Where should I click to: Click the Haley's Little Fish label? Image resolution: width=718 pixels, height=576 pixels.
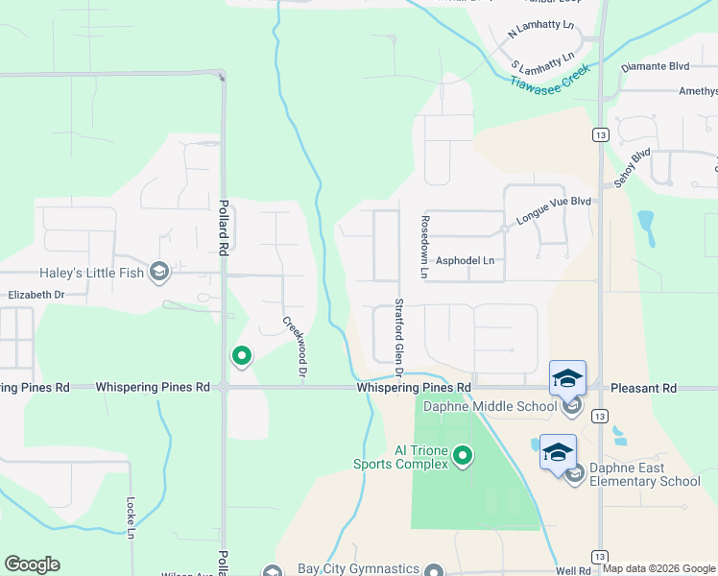(91, 274)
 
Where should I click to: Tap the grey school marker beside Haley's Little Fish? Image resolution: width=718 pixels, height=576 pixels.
(159, 274)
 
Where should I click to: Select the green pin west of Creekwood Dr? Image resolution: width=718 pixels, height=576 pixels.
(242, 357)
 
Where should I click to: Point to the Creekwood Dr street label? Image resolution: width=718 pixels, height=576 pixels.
(295, 347)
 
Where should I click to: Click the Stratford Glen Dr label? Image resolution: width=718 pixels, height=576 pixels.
(398, 337)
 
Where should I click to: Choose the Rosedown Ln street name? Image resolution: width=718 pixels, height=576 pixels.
(423, 247)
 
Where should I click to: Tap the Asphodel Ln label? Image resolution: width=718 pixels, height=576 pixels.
(465, 260)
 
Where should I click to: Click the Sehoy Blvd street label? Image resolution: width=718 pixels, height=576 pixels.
(634, 167)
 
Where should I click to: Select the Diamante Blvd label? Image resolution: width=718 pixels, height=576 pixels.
(656, 67)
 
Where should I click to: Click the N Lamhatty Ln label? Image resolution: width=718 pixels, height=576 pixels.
(539, 33)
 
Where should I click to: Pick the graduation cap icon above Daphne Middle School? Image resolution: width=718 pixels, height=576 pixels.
(567, 377)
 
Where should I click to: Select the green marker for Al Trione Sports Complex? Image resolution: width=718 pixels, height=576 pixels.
(464, 454)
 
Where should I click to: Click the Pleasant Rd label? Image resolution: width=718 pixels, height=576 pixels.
(644, 388)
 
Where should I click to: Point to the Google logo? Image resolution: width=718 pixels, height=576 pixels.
(32, 564)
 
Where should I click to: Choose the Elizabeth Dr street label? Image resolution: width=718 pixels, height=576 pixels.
(36, 296)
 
